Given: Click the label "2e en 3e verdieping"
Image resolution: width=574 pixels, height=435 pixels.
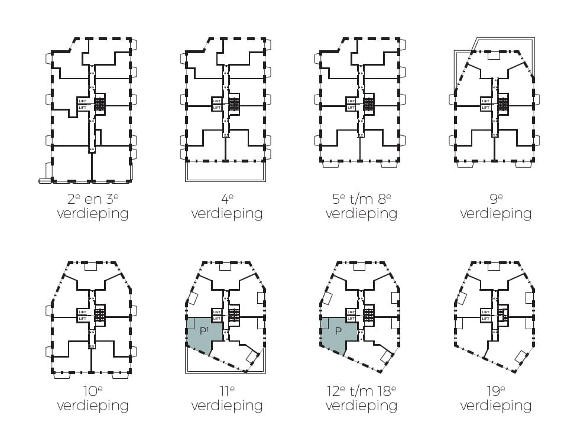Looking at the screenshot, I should (x=93, y=206).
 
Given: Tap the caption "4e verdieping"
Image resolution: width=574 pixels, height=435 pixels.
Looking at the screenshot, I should (x=227, y=206).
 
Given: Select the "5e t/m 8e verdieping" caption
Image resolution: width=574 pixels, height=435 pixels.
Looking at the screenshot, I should (x=361, y=206).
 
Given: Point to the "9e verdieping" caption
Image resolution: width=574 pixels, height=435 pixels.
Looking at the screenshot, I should (x=495, y=206).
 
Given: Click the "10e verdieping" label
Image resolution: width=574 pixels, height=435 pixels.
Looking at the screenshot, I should (x=93, y=398).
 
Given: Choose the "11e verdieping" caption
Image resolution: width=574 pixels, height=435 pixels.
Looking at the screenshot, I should (x=227, y=398).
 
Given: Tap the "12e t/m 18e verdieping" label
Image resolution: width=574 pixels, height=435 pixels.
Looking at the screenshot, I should (x=361, y=398).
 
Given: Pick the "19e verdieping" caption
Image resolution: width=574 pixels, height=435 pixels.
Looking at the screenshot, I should (x=495, y=398).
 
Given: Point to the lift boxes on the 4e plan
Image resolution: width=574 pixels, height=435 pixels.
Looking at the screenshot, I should (x=216, y=105).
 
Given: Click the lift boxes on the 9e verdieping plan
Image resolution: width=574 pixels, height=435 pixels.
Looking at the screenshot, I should (x=485, y=105).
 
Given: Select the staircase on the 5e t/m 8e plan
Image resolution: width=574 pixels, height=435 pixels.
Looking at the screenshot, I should (x=369, y=105).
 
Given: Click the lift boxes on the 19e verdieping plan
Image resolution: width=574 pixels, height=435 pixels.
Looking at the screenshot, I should (x=485, y=315).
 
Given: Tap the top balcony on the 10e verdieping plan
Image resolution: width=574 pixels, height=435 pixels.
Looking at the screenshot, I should (x=90, y=267).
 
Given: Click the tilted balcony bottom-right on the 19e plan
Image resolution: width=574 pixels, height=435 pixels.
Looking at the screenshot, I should (x=521, y=357).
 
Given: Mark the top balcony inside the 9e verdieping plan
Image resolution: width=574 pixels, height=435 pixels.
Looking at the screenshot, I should (x=493, y=57).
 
